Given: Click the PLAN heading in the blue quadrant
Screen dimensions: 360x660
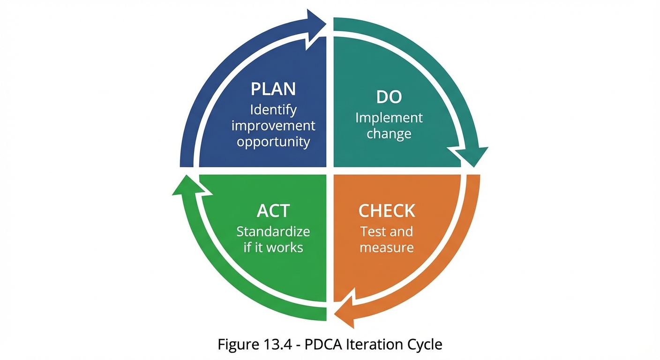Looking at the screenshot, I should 273,89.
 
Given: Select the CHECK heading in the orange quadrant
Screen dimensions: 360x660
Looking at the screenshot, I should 387,211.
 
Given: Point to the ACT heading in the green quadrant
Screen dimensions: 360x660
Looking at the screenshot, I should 273,211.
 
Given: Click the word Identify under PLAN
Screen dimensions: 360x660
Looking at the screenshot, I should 273,110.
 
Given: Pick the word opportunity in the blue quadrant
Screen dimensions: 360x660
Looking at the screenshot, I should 273,142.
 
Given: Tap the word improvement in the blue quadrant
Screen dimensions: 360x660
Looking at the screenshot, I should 273,126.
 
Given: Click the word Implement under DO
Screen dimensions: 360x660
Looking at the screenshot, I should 389,117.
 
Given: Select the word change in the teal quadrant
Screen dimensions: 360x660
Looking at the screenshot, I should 389,134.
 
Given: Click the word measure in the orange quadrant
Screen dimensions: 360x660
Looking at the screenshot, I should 387,247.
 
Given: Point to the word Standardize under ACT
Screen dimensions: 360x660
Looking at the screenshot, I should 273,232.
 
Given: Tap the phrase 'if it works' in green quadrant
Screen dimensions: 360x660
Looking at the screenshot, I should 273,247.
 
